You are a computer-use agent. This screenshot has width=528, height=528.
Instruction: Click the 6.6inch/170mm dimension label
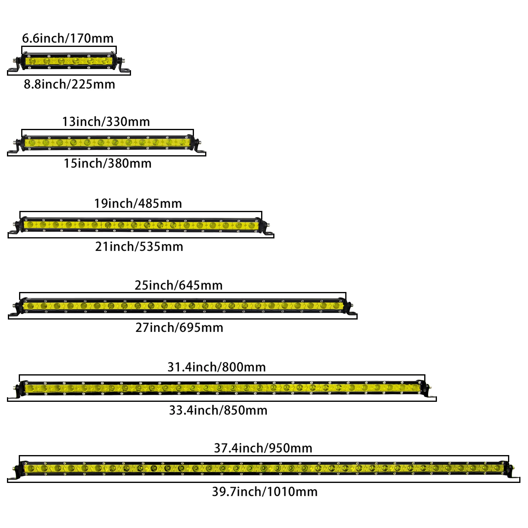tap(67, 38)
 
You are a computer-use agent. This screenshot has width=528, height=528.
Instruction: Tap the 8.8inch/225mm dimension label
tap(69, 84)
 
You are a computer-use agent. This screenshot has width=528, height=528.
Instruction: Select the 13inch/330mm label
tap(106, 122)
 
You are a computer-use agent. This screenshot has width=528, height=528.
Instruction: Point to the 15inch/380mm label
tap(107, 163)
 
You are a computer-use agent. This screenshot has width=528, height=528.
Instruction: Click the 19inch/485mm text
tap(138, 203)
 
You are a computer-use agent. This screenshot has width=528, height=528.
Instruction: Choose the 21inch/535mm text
tap(139, 247)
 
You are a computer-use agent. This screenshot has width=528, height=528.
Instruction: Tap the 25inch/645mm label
tap(179, 285)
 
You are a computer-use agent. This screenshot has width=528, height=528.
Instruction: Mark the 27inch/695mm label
tap(179, 328)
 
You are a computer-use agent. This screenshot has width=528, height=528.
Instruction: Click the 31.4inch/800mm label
tap(216, 367)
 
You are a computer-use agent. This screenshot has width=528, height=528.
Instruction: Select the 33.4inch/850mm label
tap(218, 410)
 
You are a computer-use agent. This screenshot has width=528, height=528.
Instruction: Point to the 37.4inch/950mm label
tap(263, 448)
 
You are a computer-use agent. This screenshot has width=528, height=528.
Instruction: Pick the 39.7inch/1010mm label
tap(264, 492)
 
